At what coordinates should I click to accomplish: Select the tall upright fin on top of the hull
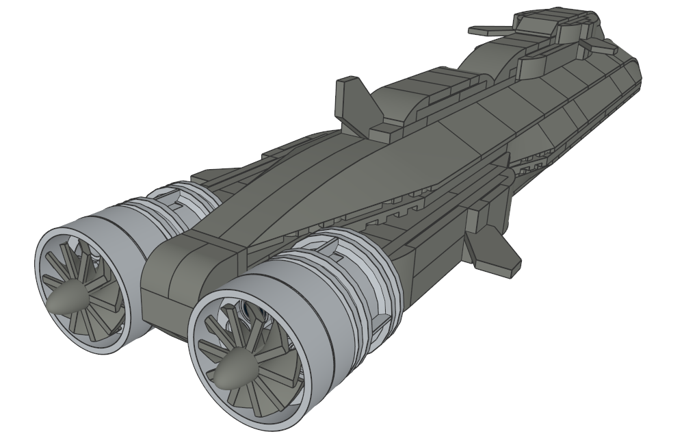pos(350,99)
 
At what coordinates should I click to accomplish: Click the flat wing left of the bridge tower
pos(490,30)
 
